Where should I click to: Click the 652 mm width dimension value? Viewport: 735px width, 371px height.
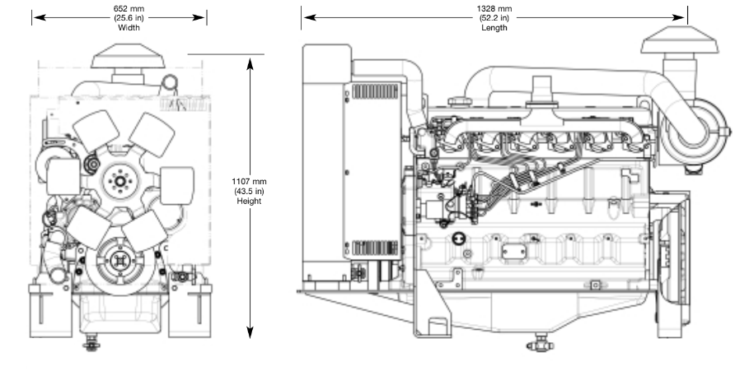pyautogui.click(x=129, y=9)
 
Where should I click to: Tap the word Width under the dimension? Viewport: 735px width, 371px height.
pyautogui.click(x=129, y=28)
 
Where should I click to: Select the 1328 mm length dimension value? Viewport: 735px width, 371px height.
pyautogui.click(x=494, y=9)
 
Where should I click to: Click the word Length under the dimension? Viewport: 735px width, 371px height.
pyautogui.click(x=494, y=28)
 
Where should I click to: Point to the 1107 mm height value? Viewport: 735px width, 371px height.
pyautogui.click(x=249, y=182)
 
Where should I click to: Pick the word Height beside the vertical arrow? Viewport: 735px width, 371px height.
pyautogui.click(x=249, y=202)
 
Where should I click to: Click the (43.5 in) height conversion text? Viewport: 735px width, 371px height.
pyautogui.click(x=249, y=192)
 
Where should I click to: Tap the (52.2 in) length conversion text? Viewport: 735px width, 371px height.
pyautogui.click(x=494, y=18)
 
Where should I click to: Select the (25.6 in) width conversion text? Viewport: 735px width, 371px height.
pyautogui.click(x=129, y=18)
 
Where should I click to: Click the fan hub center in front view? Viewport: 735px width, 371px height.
pyautogui.click(x=120, y=182)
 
